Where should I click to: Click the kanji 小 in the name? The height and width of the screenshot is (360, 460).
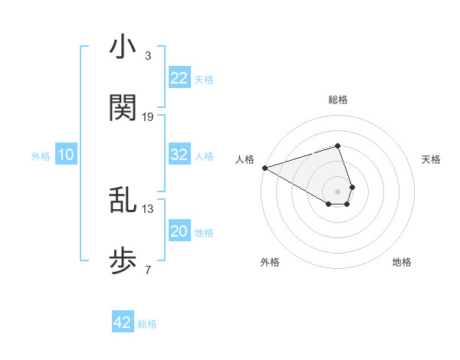[123, 47]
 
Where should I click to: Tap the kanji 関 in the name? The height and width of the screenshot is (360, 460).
[123, 108]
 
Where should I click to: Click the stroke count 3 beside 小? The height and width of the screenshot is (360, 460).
[147, 56]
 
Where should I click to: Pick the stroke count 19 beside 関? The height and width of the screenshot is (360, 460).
[148, 116]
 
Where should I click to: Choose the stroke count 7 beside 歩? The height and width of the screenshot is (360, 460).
[147, 270]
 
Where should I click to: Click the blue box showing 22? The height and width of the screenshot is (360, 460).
[179, 78]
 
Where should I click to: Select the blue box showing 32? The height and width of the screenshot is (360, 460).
[179, 155]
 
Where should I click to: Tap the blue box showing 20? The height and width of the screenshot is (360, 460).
[179, 231]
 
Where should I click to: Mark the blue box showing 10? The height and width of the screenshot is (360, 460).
[66, 155]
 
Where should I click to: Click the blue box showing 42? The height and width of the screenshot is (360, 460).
[123, 322]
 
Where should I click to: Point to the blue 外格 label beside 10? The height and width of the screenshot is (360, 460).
[41, 156]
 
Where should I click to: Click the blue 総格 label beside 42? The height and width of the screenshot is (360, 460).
[147, 324]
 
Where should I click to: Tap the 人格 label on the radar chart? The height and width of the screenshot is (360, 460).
[245, 159]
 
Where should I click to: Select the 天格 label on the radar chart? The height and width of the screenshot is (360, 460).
[432, 159]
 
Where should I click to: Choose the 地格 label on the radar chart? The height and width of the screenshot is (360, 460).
[402, 262]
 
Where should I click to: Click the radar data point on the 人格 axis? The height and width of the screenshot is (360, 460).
[264, 168]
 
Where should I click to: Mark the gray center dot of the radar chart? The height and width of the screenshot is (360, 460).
[337, 191]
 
